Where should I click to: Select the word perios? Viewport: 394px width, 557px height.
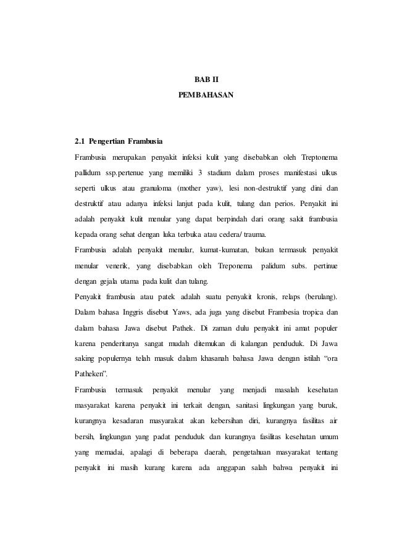click(280, 202)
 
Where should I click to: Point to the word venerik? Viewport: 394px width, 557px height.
click(115, 267)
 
